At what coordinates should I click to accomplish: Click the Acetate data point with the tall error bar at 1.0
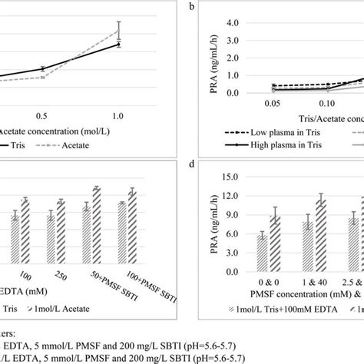click(117, 31)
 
